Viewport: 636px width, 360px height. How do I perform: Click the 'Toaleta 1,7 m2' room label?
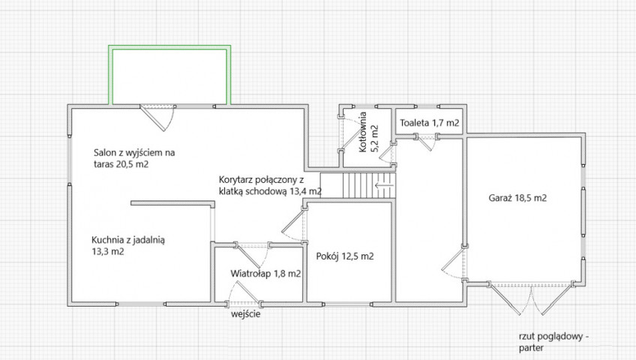[x=430, y=123]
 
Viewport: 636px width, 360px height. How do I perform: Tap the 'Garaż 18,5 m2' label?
[x=517, y=198]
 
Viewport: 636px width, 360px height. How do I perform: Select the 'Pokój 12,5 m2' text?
[x=345, y=256]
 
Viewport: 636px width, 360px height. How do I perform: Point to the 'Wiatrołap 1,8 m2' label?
[x=265, y=274]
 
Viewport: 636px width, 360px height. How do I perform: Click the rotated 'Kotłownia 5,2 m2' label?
[x=368, y=132]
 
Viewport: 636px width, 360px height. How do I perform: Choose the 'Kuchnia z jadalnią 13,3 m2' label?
[x=128, y=246]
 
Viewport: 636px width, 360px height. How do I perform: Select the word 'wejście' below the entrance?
[x=246, y=314]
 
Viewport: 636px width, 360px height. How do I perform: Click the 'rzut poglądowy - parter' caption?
[x=553, y=342]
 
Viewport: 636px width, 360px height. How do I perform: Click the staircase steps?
[x=358, y=185]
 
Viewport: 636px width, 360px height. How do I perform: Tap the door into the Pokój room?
[x=295, y=223]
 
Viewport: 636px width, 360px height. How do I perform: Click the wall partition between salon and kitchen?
[x=172, y=203]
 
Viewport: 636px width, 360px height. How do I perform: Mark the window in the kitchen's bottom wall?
[x=142, y=304]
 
